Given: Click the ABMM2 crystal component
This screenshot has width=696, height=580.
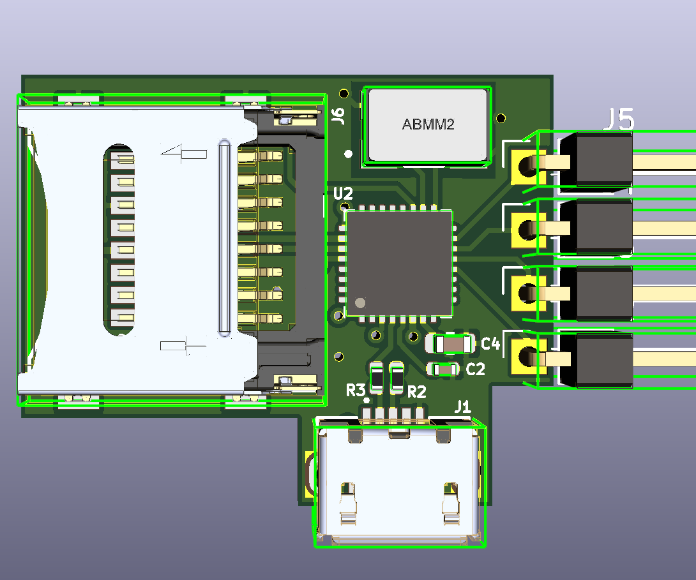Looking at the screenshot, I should [x=427, y=124].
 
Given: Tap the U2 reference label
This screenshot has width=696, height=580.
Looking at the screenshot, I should [x=342, y=193].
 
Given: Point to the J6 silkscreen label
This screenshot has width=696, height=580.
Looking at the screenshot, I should [x=338, y=115].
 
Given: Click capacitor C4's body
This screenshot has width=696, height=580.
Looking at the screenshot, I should [x=453, y=344].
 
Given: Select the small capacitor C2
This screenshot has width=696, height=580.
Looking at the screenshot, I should [x=443, y=369].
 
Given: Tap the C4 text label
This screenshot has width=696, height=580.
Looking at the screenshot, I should [x=490, y=345].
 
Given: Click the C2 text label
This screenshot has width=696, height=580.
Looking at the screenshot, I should [x=476, y=369].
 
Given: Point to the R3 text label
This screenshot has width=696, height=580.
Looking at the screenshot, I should [x=355, y=390].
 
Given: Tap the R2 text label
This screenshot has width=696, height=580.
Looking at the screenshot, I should [x=416, y=392].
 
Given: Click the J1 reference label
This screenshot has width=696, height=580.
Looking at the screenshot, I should [x=462, y=406].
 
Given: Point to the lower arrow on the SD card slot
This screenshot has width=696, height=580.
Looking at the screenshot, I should [x=183, y=346].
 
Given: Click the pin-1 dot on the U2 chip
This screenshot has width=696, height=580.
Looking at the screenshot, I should [x=361, y=303].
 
